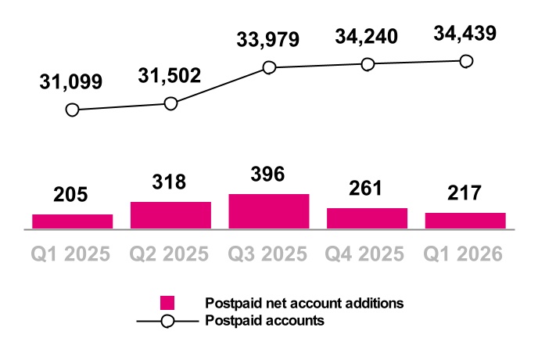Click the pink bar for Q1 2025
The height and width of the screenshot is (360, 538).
click(72, 221)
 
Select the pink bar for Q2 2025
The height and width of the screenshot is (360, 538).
click(170, 215)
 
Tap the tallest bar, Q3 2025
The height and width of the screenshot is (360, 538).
click(269, 211)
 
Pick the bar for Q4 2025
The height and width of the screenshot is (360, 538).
click(367, 218)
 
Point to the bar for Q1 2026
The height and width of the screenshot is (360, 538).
click(465, 221)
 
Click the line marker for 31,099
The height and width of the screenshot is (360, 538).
click(73, 110)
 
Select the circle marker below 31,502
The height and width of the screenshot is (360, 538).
click(171, 103)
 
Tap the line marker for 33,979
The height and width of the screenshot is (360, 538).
click(269, 68)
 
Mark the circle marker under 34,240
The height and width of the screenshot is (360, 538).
click(367, 64)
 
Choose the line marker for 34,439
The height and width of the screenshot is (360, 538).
click(466, 61)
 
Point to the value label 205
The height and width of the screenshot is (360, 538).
click(72, 195)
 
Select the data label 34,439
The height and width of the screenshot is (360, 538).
click(465, 34)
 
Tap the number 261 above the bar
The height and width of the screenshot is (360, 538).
click(367, 189)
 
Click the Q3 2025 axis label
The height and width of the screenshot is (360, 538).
click(268, 254)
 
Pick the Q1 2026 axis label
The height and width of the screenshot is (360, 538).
click(465, 254)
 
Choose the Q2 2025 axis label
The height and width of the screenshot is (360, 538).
click(170, 254)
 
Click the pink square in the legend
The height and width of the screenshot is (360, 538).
click(167, 303)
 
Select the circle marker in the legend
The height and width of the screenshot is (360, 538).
click(167, 320)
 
